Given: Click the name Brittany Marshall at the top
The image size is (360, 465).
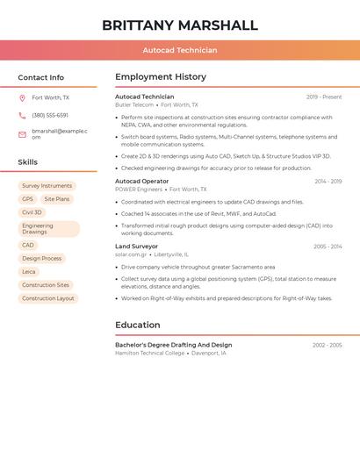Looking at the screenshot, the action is click(180, 25).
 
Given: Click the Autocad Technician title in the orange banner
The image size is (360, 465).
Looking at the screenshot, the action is click(180, 50).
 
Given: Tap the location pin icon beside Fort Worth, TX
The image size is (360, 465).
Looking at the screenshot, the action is click(22, 98).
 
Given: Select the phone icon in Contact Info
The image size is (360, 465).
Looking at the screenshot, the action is click(22, 116).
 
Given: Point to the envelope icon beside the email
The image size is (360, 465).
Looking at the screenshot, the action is click(22, 134).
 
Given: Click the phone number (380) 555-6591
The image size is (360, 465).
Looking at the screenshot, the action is click(50, 116).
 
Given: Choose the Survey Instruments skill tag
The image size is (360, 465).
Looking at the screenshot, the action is click(47, 186).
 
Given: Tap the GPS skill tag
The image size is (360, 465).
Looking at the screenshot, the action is click(27, 199).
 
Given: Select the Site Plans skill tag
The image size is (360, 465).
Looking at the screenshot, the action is click(56, 199).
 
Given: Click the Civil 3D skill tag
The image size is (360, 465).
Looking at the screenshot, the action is click(32, 212).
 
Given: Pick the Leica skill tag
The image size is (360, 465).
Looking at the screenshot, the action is click(29, 272).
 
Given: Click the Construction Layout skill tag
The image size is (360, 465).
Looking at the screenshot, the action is click(48, 298).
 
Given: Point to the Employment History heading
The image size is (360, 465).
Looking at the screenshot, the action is click(161, 77).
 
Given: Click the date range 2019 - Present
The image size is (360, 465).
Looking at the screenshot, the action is click(324, 97).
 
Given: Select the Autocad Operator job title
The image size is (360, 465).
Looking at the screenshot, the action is click(141, 182).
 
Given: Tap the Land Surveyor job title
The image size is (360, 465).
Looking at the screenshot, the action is click(137, 247).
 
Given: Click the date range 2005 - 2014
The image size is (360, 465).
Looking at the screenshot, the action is click(328, 247).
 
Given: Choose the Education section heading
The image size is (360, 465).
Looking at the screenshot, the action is click(137, 325).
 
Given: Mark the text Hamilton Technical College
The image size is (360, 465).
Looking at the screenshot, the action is click(150, 353).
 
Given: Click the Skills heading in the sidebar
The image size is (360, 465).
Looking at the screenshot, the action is click(28, 162).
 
